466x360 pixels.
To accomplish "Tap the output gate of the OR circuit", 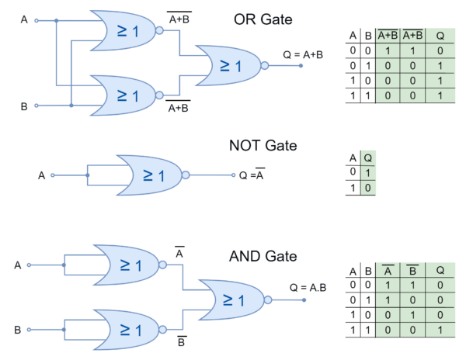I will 228,65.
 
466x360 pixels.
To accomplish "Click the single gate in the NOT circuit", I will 150,175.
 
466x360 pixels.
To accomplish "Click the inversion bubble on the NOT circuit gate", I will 186,175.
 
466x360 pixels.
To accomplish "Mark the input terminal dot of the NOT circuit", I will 51,175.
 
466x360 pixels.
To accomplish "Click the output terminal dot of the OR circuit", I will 301,65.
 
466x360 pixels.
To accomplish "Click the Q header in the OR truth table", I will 440,36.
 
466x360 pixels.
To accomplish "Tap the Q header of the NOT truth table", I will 368,157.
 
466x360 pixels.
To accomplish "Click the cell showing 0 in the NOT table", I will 368,187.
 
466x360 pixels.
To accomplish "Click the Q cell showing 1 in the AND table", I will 440,331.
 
